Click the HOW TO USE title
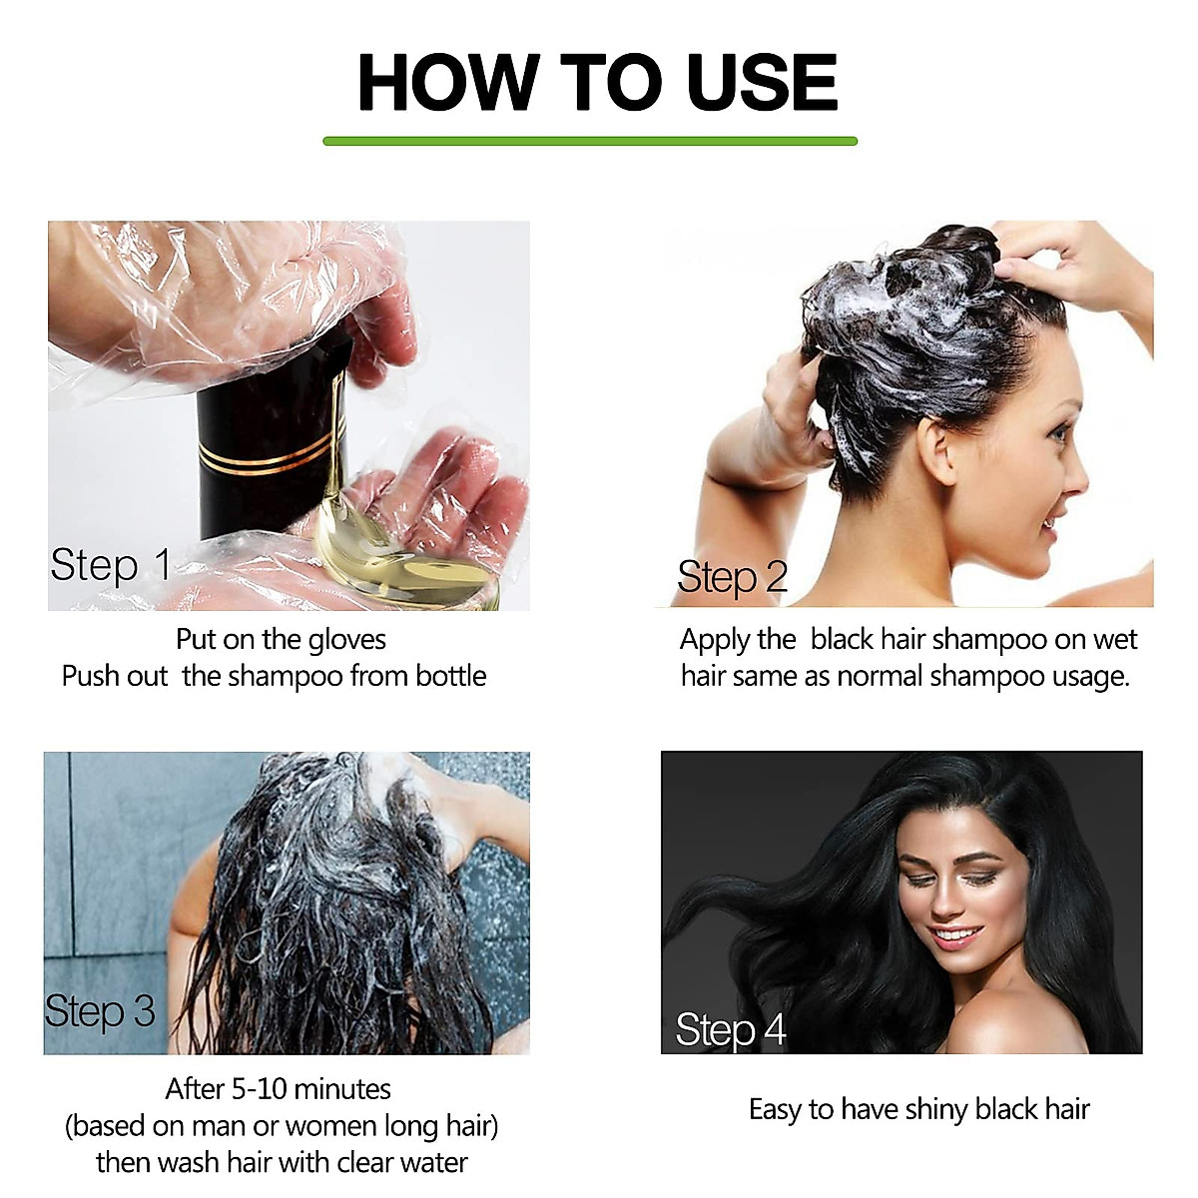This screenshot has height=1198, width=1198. tap(597, 82)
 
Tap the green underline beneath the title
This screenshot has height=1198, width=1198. tap(590, 141)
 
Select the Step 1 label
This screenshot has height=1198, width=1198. tap(111, 565)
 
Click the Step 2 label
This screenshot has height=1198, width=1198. tap(732, 577)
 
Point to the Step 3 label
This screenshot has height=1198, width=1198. tap(100, 1011)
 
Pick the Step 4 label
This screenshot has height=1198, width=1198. tap(730, 1029)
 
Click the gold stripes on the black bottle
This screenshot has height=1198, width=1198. tap(270, 455)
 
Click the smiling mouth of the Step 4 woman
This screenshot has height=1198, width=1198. tap(956, 937)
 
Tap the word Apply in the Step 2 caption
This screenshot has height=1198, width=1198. tap(715, 640)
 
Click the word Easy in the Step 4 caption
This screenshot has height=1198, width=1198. tap(775, 1109)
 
